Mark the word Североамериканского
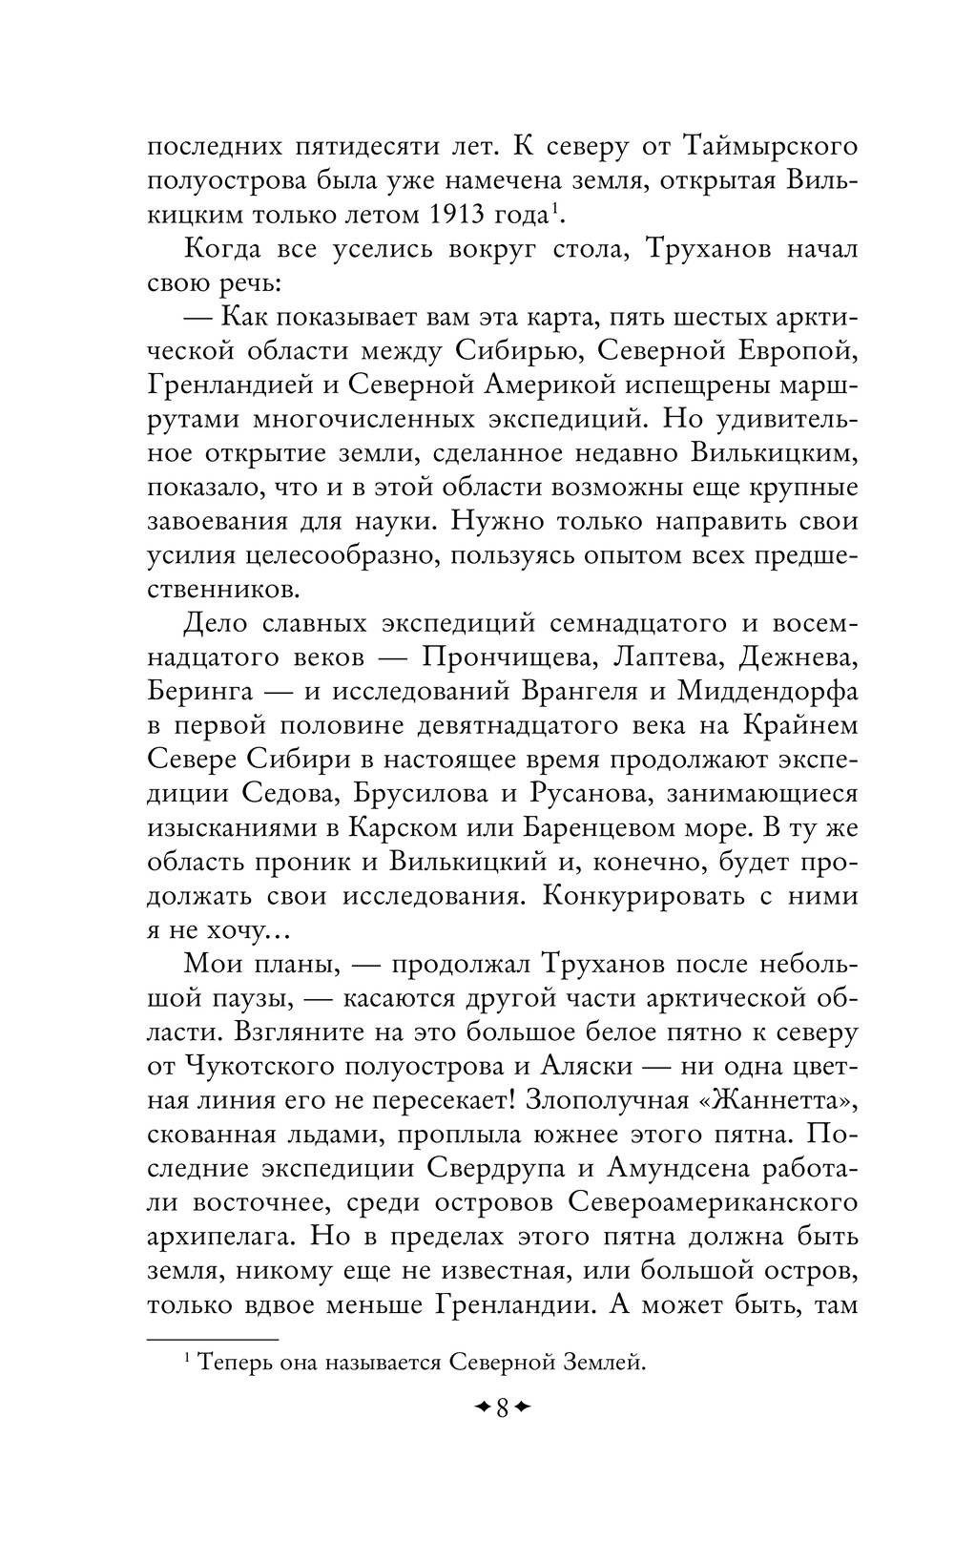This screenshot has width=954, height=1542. pos(715,1202)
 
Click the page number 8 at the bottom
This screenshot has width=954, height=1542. pos(502,1407)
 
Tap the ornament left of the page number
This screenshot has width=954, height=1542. pos(481,1407)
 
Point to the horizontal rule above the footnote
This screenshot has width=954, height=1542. pos(213,1339)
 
